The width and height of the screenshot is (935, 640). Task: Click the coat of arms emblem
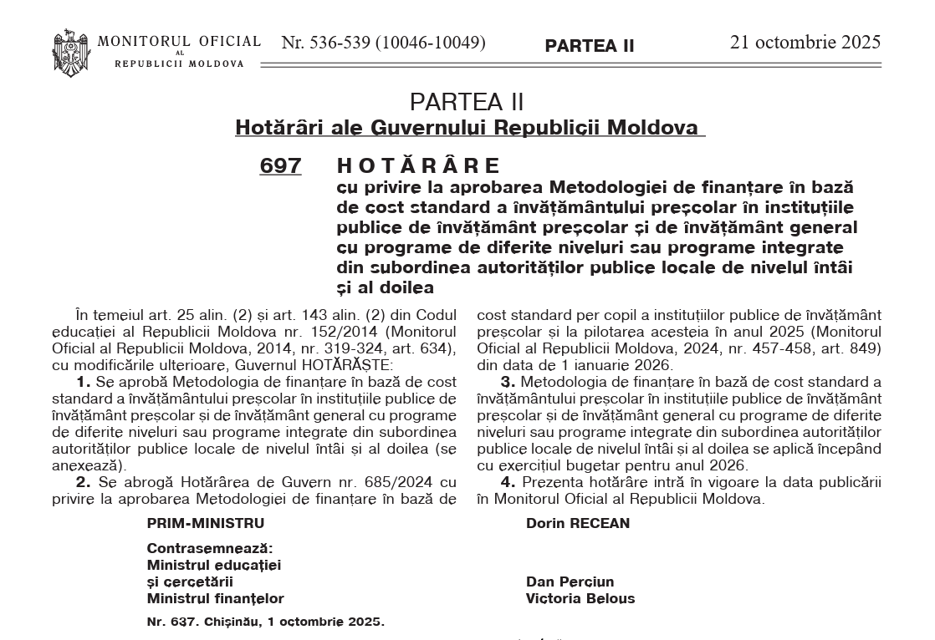click(x=71, y=53)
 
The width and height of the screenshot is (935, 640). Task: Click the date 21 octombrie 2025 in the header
click(x=805, y=43)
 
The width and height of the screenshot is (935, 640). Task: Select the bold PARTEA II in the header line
click(x=590, y=46)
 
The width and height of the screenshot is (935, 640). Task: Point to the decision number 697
click(x=280, y=165)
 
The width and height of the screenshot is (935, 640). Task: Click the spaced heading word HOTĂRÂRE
click(x=418, y=165)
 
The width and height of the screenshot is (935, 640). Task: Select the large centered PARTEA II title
click(x=467, y=102)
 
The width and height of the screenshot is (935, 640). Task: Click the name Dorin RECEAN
click(x=578, y=524)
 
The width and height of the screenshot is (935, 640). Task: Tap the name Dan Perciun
click(x=570, y=582)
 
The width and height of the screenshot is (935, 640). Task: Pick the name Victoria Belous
click(x=580, y=598)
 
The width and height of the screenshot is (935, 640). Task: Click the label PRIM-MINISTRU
click(x=205, y=524)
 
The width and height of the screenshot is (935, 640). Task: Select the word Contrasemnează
click(x=209, y=549)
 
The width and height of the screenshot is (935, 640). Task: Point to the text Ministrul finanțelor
click(x=215, y=598)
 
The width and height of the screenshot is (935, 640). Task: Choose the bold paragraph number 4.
click(x=507, y=482)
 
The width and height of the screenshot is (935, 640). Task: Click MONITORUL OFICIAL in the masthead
click(x=179, y=42)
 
